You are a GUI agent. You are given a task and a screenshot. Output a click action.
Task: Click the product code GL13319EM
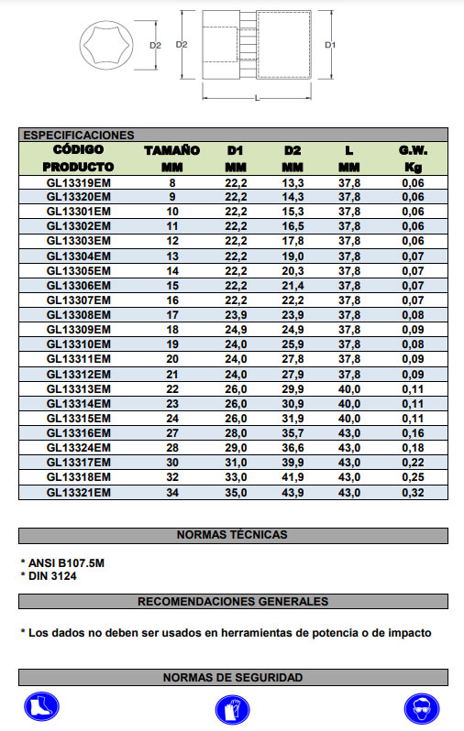[79, 183]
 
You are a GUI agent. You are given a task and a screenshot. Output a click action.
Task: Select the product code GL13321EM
[79, 492]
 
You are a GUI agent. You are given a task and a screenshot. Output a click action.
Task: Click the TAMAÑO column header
[171, 149]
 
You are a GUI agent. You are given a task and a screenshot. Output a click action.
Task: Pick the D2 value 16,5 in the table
[293, 226]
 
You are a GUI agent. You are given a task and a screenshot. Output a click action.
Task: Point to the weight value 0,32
[413, 492]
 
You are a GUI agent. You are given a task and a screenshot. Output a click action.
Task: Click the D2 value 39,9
[293, 463]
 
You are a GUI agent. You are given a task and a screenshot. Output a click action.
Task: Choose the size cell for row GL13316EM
[171, 433]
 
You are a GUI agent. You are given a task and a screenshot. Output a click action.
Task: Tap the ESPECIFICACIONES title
[79, 135]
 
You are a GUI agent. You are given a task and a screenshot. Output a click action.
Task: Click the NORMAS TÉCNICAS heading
[232, 535]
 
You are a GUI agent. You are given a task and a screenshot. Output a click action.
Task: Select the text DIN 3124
[50, 575]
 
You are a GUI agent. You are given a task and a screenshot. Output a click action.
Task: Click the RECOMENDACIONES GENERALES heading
[232, 602]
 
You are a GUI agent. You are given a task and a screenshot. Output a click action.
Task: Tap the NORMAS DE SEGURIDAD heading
[232, 678]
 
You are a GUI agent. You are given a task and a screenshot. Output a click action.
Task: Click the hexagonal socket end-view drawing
[105, 45]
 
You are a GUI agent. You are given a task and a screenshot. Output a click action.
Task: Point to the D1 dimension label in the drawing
[330, 44]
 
